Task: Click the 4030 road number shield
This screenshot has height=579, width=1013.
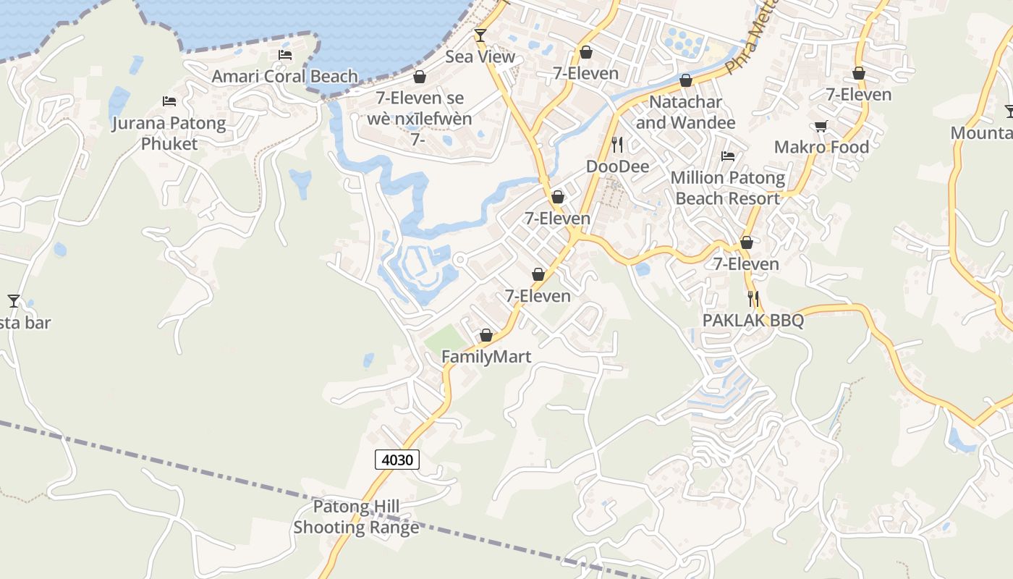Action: click(397, 459)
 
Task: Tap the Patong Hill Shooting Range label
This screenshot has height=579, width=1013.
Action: click(356, 517)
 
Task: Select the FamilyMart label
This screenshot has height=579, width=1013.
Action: click(486, 357)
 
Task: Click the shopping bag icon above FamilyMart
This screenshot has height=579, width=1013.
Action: click(486, 336)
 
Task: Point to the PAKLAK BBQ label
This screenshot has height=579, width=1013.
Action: click(753, 321)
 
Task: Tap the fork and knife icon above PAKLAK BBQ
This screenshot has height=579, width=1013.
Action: click(753, 298)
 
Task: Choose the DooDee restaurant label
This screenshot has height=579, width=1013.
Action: click(617, 166)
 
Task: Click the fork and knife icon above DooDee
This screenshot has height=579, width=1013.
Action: click(617, 145)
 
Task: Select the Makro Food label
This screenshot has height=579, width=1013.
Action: click(821, 147)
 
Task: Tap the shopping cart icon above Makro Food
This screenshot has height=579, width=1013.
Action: click(821, 127)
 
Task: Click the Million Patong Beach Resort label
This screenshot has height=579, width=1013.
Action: click(728, 187)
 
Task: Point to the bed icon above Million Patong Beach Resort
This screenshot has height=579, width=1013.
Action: click(728, 156)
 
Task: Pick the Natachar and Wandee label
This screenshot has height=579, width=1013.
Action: click(685, 112)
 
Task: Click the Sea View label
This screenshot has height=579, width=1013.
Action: click(480, 56)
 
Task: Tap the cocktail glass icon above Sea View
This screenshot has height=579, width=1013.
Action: click(480, 35)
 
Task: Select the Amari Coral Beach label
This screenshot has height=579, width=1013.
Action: click(285, 76)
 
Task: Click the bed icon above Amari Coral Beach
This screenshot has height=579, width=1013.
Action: click(285, 55)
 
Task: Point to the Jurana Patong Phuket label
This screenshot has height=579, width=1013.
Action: click(169, 133)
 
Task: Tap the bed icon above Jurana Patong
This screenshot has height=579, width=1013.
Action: click(169, 101)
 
